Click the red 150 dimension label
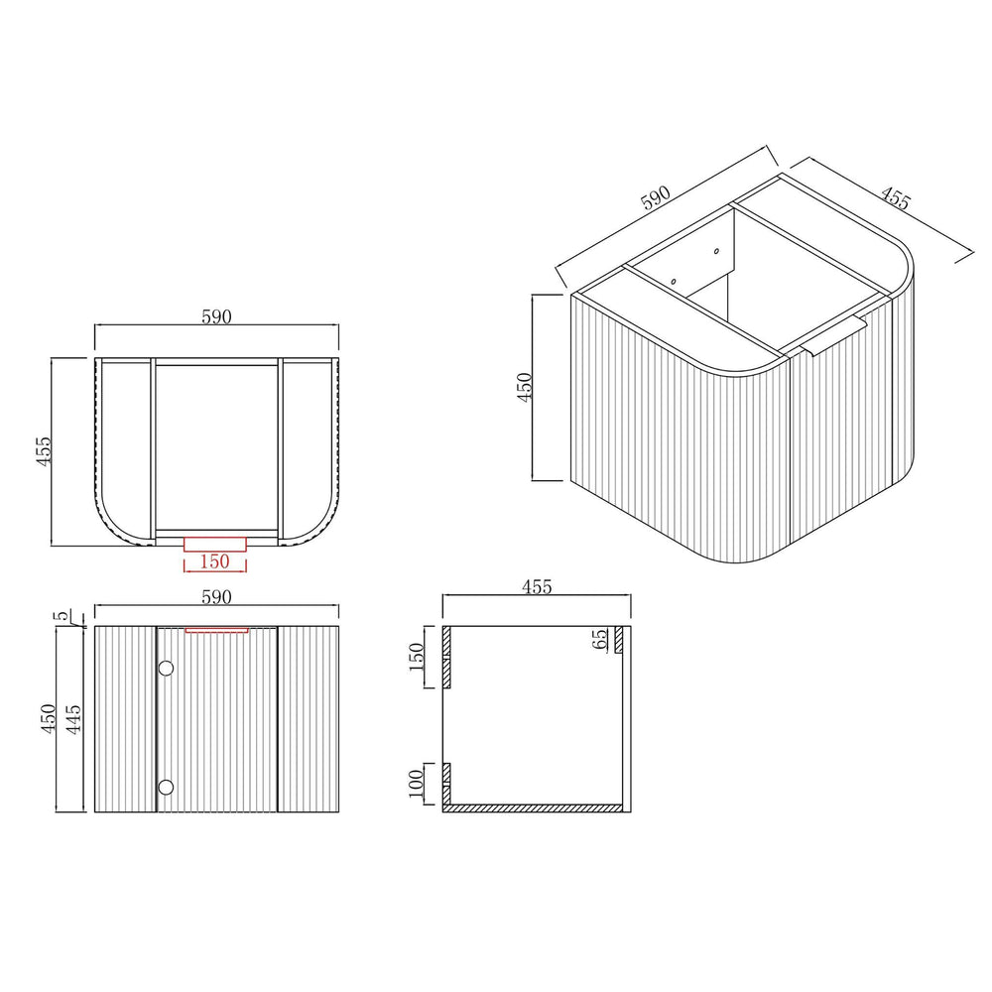tap(214, 561)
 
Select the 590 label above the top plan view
tap(216, 316)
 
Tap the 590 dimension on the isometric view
tap(656, 197)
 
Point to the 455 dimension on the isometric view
tap(896, 198)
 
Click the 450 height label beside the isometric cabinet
tap(525, 387)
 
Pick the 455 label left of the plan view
tap(43, 451)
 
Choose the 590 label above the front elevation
tap(216, 596)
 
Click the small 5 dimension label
tap(62, 616)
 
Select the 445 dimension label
tap(74, 719)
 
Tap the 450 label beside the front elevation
tap(49, 719)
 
